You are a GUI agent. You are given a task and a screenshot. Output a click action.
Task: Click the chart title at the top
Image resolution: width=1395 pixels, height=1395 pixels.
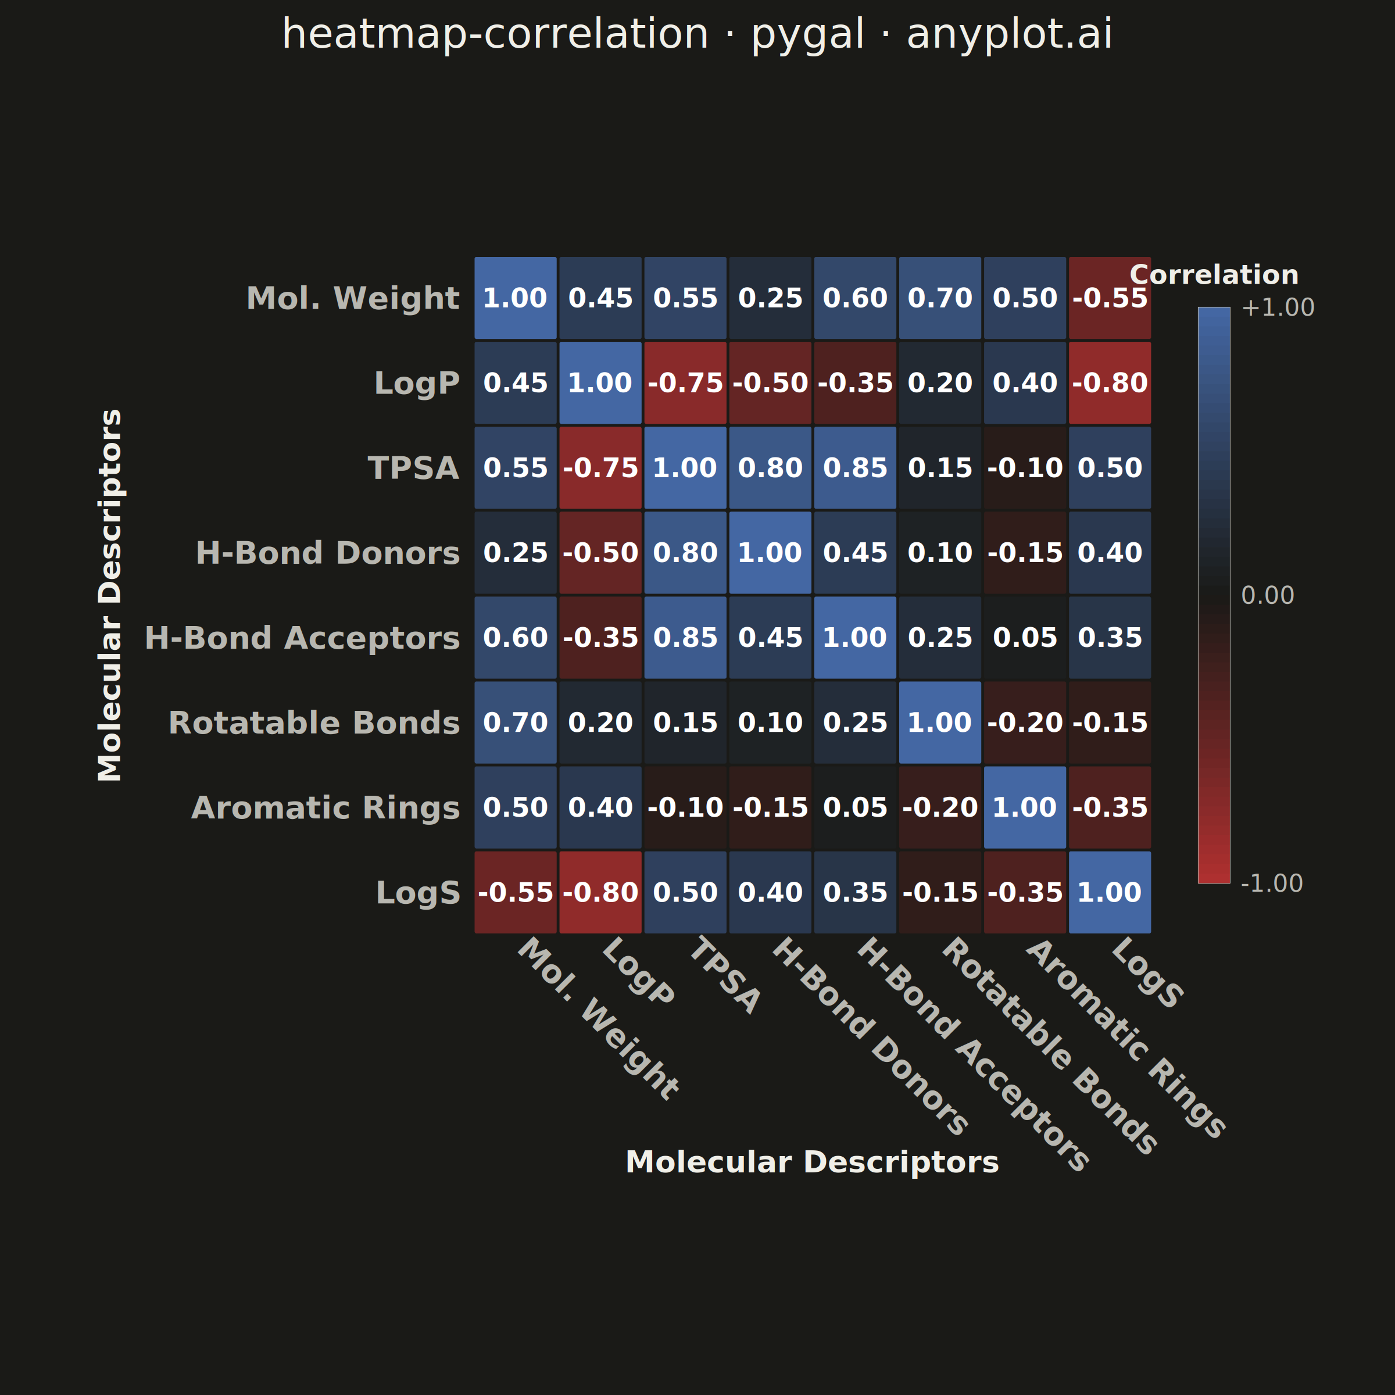(x=697, y=35)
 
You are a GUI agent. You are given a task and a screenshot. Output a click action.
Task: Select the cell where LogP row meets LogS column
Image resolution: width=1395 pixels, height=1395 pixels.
(x=1110, y=382)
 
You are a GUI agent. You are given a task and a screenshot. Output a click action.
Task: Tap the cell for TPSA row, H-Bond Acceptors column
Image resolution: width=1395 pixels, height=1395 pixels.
(x=855, y=468)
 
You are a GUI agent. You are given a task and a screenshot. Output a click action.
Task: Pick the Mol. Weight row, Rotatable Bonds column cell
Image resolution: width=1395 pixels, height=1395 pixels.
(x=940, y=298)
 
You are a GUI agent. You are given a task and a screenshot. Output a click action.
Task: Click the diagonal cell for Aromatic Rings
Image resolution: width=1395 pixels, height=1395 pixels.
(x=1025, y=807)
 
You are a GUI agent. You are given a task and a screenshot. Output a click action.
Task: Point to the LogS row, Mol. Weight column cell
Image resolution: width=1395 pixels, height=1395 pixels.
(x=516, y=892)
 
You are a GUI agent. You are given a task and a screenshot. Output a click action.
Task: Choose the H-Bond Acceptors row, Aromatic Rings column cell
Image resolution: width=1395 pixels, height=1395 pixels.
(x=1025, y=638)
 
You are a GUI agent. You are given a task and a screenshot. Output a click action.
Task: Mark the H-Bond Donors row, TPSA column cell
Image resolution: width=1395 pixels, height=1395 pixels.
(x=685, y=552)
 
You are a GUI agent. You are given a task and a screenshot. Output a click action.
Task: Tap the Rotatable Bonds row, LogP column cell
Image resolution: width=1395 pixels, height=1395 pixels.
(x=600, y=722)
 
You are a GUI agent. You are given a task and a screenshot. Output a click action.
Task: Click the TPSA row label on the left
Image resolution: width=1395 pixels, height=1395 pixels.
(x=414, y=468)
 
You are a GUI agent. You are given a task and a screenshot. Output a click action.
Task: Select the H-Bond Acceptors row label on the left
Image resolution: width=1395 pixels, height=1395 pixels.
(x=302, y=638)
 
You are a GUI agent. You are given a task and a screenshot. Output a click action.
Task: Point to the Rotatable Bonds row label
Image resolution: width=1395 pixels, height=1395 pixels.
(x=314, y=722)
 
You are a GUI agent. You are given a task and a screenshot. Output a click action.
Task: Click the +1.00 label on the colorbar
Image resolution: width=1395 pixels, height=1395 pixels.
(x=1278, y=307)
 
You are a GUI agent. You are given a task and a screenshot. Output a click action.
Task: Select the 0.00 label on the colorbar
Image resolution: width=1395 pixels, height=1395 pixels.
(x=1267, y=596)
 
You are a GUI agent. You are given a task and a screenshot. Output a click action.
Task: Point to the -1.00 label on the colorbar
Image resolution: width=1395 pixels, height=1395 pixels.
(x=1272, y=883)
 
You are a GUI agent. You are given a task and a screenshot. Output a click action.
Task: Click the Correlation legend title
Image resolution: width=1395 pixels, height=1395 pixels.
(x=1214, y=275)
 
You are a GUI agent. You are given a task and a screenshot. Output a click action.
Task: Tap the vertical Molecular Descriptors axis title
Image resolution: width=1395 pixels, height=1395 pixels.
(x=110, y=595)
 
